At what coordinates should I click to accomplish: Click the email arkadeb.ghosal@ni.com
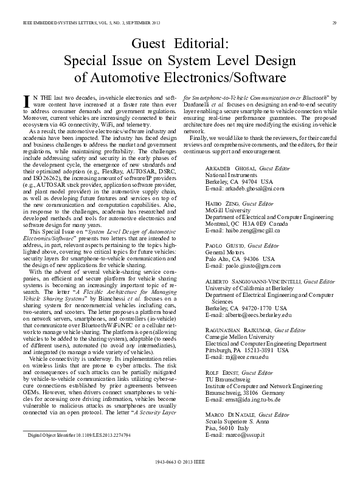[237, 189]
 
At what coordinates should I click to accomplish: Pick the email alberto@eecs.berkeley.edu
[240, 315]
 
